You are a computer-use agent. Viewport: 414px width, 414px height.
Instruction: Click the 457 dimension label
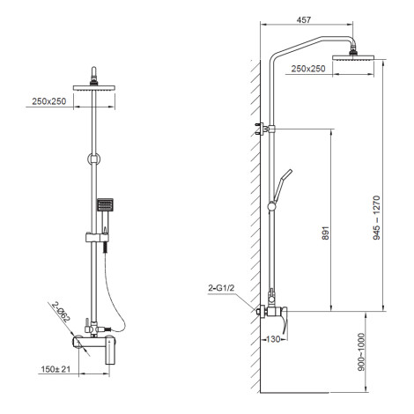pyautogui.click(x=304, y=20)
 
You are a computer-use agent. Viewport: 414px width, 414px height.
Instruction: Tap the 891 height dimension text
pyautogui.click(x=326, y=233)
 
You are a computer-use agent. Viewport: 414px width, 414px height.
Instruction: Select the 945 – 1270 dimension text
pyautogui.click(x=376, y=218)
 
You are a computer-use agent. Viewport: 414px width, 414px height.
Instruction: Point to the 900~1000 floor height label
pyautogui.click(x=361, y=351)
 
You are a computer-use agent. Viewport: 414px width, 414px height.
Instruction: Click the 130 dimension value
pyautogui.click(x=273, y=339)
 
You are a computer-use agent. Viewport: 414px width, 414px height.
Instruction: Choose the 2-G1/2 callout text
pyautogui.click(x=221, y=288)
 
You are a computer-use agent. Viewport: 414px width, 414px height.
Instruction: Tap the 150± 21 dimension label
pyautogui.click(x=55, y=369)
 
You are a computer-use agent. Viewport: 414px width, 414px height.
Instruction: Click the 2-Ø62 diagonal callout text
pyautogui.click(x=62, y=312)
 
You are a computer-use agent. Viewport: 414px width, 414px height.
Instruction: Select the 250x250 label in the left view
pyautogui.click(x=49, y=101)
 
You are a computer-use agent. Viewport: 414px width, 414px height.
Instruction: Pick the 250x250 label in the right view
pyautogui.click(x=308, y=69)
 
